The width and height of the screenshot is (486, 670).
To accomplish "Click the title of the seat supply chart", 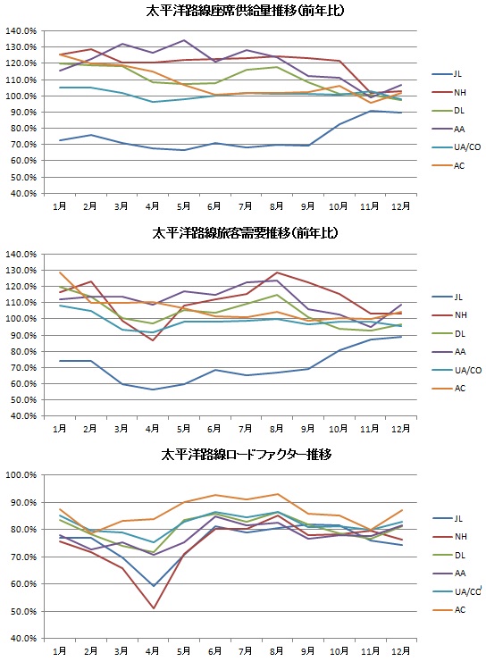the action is click(x=245, y=11).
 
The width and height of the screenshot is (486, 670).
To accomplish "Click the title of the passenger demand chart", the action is click(x=246, y=233).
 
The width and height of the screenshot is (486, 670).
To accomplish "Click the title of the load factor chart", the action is click(x=247, y=454).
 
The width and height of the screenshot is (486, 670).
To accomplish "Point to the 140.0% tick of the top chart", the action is click(x=21, y=31).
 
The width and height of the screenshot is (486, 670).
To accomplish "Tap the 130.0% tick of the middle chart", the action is click(x=21, y=271).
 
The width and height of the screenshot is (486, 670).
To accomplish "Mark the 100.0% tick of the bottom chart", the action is click(x=21, y=475).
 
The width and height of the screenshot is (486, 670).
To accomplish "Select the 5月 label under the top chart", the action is click(x=183, y=206).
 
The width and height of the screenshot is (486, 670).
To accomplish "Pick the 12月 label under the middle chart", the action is click(x=401, y=429).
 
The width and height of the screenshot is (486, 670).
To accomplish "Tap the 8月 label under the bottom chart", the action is click(x=277, y=651).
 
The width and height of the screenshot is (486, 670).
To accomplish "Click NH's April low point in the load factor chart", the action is click(x=154, y=608).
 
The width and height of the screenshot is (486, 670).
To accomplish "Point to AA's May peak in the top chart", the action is click(x=184, y=40).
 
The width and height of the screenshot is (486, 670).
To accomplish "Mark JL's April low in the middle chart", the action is click(x=153, y=389).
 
